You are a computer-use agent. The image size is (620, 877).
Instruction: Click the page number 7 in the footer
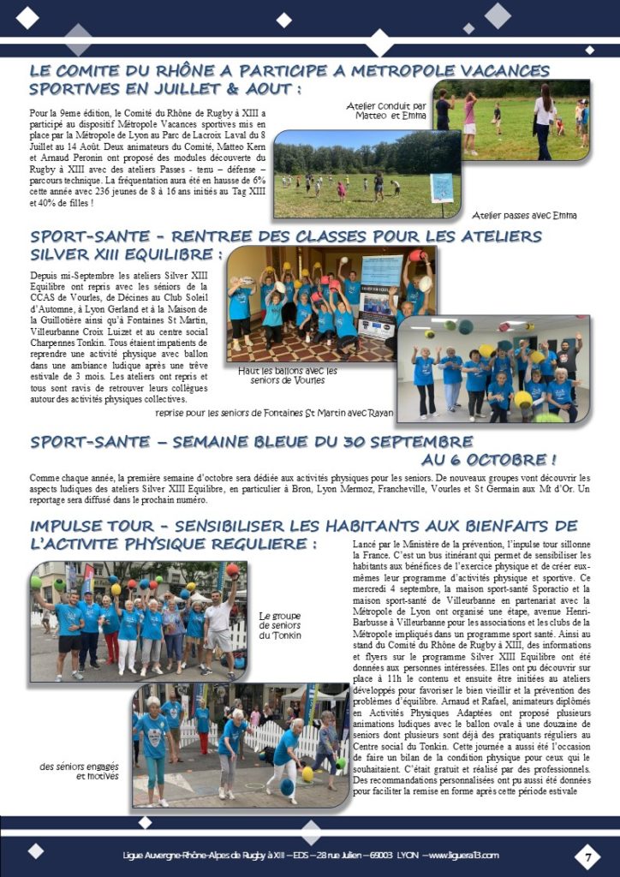(587, 855)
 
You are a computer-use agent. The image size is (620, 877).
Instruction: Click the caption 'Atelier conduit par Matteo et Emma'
(386, 110)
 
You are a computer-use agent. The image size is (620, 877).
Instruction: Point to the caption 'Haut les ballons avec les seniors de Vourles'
(288, 375)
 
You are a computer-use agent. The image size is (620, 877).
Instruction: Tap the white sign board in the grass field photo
(442, 186)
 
